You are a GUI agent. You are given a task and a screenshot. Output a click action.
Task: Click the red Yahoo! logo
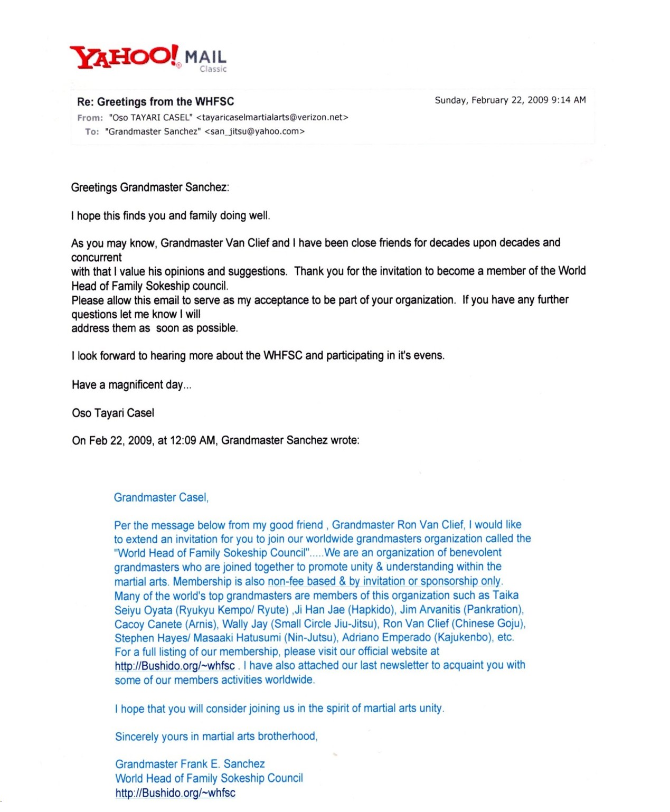(125, 56)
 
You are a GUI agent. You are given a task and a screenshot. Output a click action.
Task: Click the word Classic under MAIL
(213, 69)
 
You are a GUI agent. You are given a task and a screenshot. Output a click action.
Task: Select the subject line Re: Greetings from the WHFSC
(155, 101)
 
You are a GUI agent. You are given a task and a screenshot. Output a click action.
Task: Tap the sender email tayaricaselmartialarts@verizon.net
(272, 117)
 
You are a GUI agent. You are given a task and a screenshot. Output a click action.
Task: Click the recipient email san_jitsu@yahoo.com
(254, 131)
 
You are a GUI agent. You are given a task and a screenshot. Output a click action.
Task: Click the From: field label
(90, 118)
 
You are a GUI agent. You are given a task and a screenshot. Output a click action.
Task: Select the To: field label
(92, 131)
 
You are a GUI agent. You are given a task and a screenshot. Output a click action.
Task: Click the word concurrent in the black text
(96, 258)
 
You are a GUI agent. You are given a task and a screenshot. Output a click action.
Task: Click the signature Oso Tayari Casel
(113, 413)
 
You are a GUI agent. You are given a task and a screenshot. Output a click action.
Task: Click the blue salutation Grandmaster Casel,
(161, 497)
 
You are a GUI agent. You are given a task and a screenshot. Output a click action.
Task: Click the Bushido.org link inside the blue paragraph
(175, 666)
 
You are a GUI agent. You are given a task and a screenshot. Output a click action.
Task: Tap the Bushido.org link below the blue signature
(175, 792)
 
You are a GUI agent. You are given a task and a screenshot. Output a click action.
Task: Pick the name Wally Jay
(244, 624)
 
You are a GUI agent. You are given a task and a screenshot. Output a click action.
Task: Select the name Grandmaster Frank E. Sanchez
(190, 764)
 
